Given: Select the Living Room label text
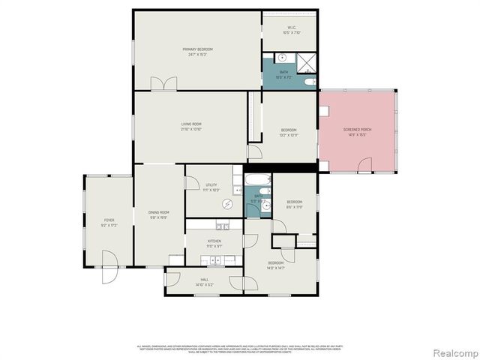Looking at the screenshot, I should pyautogui.click(x=191, y=124).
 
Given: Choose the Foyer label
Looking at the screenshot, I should pyautogui.click(x=109, y=220).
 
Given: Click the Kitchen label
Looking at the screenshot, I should pyautogui.click(x=214, y=241).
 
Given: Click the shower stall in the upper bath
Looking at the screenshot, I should pyautogui.click(x=307, y=61).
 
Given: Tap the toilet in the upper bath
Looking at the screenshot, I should pyautogui.click(x=310, y=81).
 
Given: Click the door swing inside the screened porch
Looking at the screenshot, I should pyautogui.click(x=364, y=164).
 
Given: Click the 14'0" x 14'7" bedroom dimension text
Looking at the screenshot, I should pyautogui.click(x=276, y=267).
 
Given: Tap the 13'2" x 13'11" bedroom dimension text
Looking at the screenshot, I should pyautogui.click(x=289, y=134).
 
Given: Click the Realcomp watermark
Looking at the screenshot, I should pyautogui.click(x=453, y=352).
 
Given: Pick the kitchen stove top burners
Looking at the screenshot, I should pyautogui.click(x=222, y=226).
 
